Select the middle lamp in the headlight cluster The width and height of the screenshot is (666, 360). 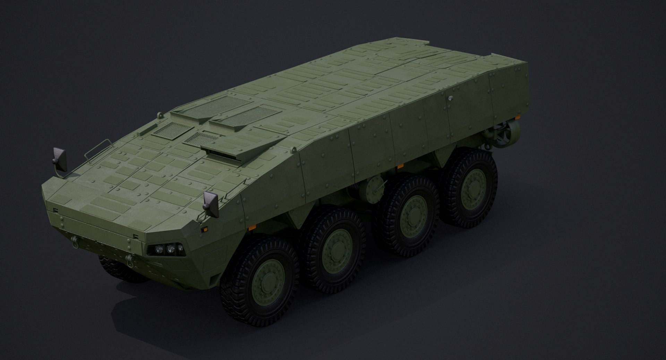(x=170, y=248)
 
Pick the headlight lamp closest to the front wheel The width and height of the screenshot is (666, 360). (x=180, y=248)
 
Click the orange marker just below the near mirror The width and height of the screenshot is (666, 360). (x=205, y=229)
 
